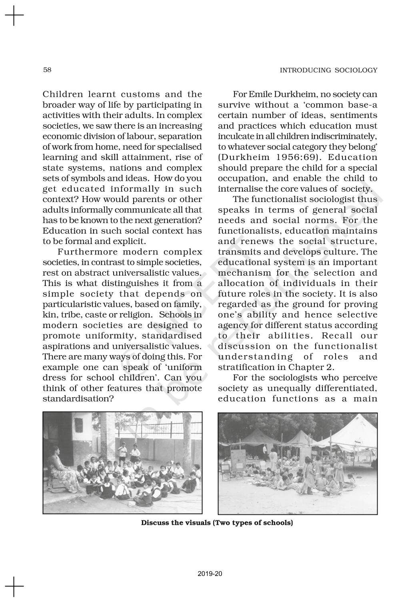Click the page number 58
click(x=47, y=70)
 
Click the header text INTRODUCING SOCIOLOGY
click(x=328, y=70)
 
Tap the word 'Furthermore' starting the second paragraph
click(x=87, y=252)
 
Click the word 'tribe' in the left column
click(x=69, y=315)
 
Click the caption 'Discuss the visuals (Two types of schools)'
click(x=217, y=523)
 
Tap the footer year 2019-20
click(x=210, y=574)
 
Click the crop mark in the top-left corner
click(x=14, y=16)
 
